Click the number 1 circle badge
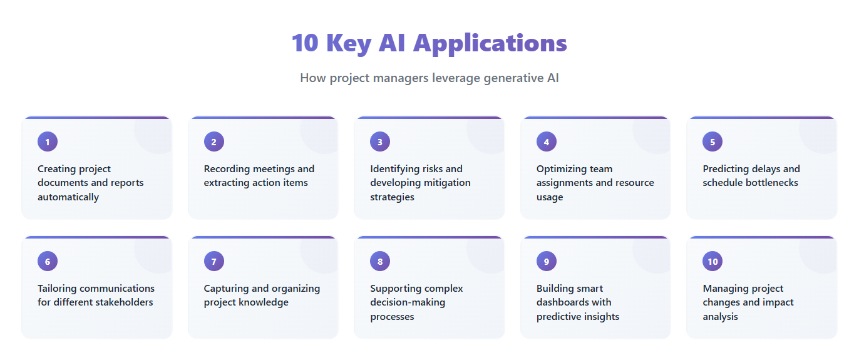pos(48,141)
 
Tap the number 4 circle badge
pos(547,141)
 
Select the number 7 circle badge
pos(214,261)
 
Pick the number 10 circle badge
pos(712,261)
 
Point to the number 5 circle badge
pos(712,141)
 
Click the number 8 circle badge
pos(380,261)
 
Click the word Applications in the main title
pos(490,43)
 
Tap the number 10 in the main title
pos(305,43)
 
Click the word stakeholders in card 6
pos(125,302)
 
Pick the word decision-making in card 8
pos(408,302)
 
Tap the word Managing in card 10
pos(725,289)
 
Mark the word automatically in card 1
pos(68,197)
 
